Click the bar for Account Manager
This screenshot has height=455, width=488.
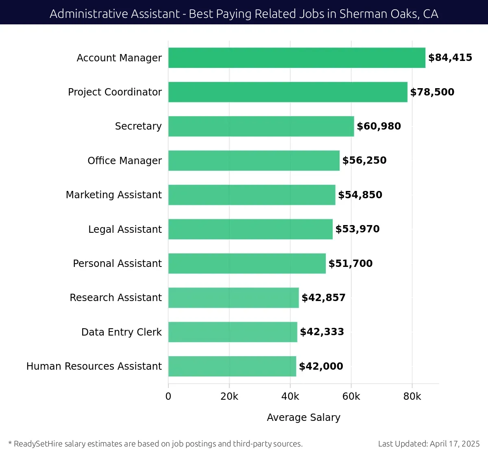[296, 58]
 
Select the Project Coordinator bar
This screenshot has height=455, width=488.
[288, 92]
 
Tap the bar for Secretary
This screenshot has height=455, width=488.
[261, 126]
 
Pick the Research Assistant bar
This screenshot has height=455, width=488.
[233, 298]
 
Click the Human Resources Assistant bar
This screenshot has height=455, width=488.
[232, 366]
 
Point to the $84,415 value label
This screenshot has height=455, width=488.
[450, 58]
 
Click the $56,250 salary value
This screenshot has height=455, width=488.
[364, 160]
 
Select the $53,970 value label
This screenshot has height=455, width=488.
[357, 229]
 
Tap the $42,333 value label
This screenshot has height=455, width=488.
[322, 332]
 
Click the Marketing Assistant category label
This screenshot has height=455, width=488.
[114, 195]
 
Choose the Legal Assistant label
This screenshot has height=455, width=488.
[125, 230]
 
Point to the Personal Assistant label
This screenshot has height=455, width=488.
[117, 264]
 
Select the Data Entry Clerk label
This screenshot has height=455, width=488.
[121, 332]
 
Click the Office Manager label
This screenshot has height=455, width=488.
[124, 161]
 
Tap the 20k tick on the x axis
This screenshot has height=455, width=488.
[229, 396]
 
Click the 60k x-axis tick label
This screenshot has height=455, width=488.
[351, 396]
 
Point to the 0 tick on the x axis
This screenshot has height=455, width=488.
[168, 396]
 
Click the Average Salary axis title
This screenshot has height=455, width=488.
[303, 418]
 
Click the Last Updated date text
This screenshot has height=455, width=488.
[429, 444]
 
